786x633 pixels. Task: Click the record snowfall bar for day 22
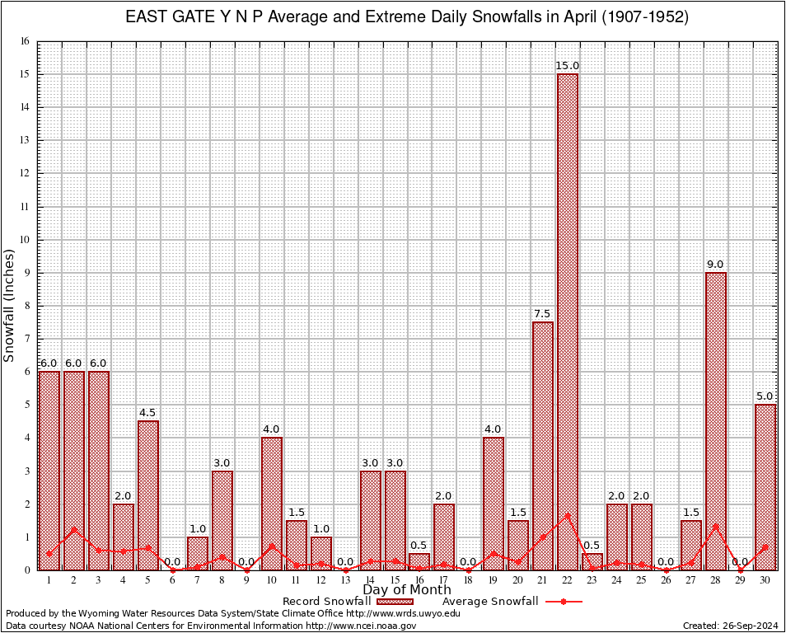(568, 321)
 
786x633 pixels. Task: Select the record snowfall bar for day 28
(716, 420)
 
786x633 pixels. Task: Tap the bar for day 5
(148, 495)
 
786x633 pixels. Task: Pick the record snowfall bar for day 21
(543, 445)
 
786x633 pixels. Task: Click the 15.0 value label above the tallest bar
(568, 66)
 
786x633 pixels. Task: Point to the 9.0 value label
(716, 265)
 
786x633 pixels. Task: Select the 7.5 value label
(543, 314)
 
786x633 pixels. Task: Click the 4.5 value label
(148, 413)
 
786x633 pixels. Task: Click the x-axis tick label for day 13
(345, 580)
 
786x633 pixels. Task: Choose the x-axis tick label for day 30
(765, 580)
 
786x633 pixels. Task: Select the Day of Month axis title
(407, 590)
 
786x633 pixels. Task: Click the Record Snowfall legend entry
(326, 602)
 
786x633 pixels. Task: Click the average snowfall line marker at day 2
(74, 529)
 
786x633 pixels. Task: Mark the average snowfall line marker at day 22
(568, 516)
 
